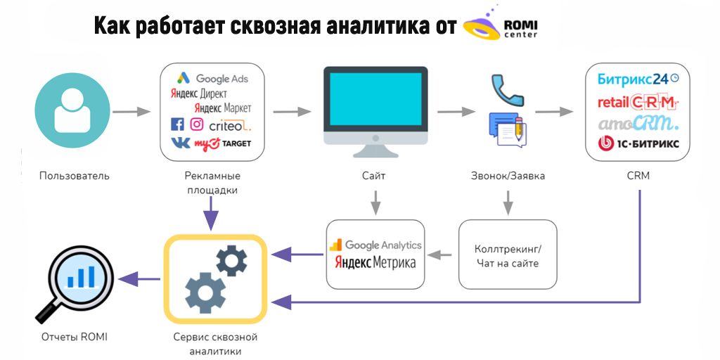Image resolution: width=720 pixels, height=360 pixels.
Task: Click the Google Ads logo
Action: tap(212, 79)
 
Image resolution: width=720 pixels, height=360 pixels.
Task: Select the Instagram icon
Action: tap(197, 124)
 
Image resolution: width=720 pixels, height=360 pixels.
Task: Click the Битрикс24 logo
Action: tap(638, 79)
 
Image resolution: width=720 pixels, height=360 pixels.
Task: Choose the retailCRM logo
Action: tap(637, 102)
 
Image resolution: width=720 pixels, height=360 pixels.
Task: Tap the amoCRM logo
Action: tap(638, 124)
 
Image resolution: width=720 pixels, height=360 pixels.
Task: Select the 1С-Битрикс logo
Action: tap(638, 145)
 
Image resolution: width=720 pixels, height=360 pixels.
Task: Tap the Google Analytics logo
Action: tap(375, 245)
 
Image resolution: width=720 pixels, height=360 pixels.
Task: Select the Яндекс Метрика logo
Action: tap(375, 263)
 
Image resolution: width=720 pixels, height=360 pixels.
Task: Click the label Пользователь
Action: tap(75, 176)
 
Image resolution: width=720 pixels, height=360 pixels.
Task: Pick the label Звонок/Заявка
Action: tap(508, 176)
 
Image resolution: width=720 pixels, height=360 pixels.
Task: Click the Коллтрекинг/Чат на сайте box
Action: tap(508, 255)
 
